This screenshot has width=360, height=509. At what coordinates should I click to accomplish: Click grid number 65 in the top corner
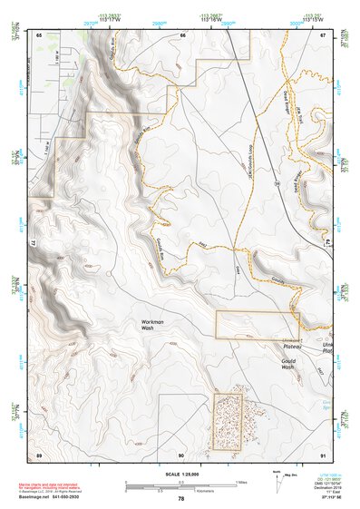39,35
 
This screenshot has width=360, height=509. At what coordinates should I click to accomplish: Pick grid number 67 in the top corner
324,35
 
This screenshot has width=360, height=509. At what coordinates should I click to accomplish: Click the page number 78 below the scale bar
181,498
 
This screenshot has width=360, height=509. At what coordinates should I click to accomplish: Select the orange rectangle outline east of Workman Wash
257,324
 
